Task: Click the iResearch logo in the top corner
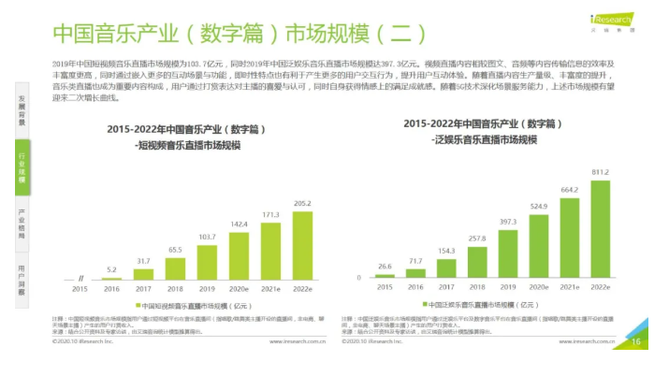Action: pos(612,18)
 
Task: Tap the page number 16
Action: pos(636,341)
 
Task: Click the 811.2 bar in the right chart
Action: pos(600,228)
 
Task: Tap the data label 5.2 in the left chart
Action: pos(111,268)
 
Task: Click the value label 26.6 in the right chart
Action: pos(385,266)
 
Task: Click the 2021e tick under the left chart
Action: pos(271,289)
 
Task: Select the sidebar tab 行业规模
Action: pos(22,167)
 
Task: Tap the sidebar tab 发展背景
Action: pos(22,109)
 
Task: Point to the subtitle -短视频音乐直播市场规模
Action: pos(188,146)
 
